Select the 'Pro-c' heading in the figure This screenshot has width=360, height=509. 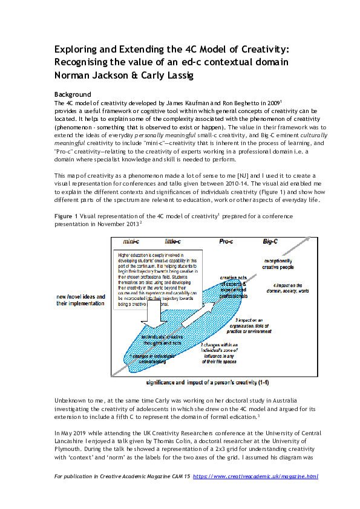(x=226, y=241)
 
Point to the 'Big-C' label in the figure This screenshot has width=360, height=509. (x=270, y=241)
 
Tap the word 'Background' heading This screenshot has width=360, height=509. (x=72, y=95)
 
